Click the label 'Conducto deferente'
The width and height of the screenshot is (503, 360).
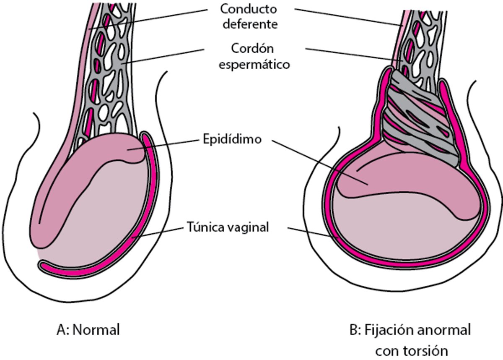point(250,16)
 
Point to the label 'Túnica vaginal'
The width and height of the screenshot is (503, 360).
point(227,228)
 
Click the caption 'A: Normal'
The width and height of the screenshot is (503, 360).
point(88,330)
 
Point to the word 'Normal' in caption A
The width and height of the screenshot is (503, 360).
point(96,330)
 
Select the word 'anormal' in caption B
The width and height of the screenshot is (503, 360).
point(444,330)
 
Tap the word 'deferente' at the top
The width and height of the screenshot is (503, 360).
point(250,24)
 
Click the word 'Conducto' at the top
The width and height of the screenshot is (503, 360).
point(250,8)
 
